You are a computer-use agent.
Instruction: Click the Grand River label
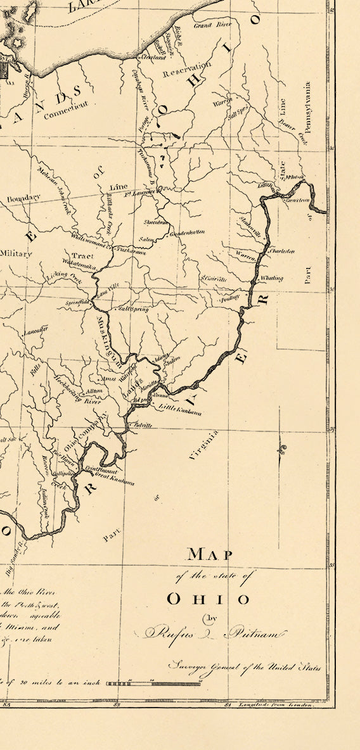click(x=211, y=26)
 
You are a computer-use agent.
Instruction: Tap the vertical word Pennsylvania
click(x=307, y=111)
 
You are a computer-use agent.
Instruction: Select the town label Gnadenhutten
click(x=187, y=232)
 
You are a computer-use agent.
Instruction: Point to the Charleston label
click(x=282, y=251)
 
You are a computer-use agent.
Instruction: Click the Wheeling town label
click(x=271, y=278)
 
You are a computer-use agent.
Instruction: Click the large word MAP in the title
click(x=210, y=555)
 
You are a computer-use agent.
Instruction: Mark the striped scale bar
click(x=153, y=683)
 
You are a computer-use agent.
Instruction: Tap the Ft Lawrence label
click(x=139, y=192)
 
